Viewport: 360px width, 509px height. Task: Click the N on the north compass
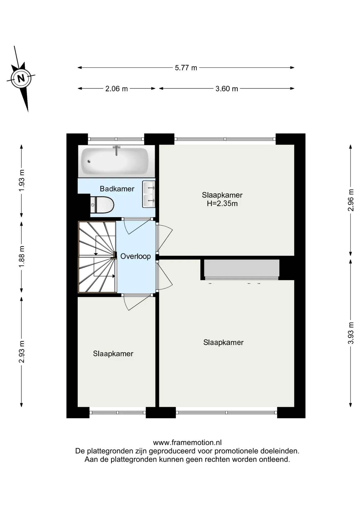[21, 78]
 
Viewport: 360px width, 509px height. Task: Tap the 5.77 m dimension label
[186, 68]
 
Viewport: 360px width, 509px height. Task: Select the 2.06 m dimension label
[116, 89]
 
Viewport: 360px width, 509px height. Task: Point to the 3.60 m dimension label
[227, 89]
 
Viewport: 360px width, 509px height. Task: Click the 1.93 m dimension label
[22, 181]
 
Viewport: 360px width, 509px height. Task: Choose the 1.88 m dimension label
[22, 257]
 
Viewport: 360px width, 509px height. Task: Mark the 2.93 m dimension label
[22, 352]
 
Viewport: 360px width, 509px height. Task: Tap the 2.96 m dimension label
[350, 200]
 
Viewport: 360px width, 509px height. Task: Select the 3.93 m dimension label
[350, 333]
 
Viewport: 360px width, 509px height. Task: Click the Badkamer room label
[117, 189]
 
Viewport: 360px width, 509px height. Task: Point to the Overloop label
[135, 256]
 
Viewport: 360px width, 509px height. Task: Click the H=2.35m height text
[222, 204]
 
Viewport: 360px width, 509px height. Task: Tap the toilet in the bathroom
[102, 205]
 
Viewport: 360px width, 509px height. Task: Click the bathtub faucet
[116, 150]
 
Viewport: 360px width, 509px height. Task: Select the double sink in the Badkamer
[149, 194]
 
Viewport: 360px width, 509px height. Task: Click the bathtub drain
[89, 161]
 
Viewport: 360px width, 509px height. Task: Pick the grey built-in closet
[242, 268]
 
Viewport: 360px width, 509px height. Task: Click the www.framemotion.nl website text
[187, 442]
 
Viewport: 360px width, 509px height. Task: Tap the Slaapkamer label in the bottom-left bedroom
[113, 354]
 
